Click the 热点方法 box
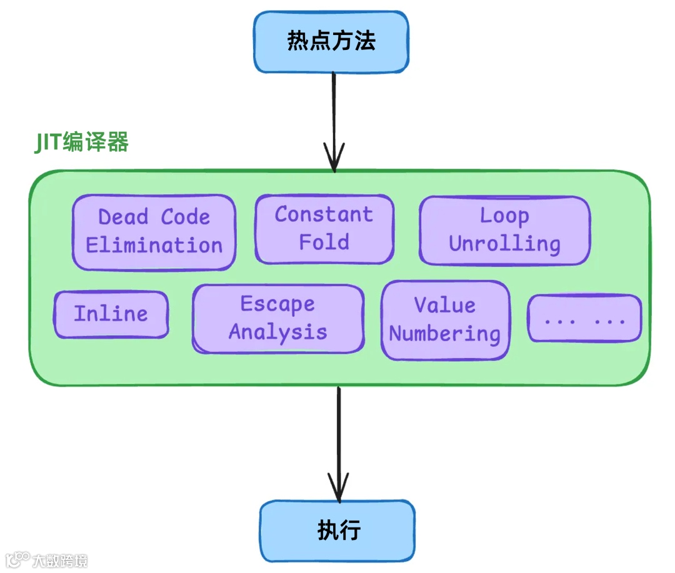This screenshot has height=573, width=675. (331, 41)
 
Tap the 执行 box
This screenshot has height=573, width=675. (337, 531)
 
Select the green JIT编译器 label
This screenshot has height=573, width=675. (81, 142)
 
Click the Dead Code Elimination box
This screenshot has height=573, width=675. (154, 232)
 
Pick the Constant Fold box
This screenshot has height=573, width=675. (324, 229)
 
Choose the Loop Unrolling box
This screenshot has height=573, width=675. (504, 231)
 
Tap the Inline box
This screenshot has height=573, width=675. (111, 314)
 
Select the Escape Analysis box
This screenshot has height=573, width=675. (277, 318)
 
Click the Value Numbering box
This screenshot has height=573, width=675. (444, 320)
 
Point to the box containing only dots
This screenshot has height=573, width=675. (584, 319)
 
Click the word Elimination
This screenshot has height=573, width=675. (154, 246)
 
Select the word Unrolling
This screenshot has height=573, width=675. (504, 244)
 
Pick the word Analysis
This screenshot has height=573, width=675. (277, 332)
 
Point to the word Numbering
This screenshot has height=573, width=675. (444, 334)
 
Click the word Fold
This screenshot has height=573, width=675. (324, 242)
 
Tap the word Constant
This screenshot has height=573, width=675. (324, 215)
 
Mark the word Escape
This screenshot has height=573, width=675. (277, 304)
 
